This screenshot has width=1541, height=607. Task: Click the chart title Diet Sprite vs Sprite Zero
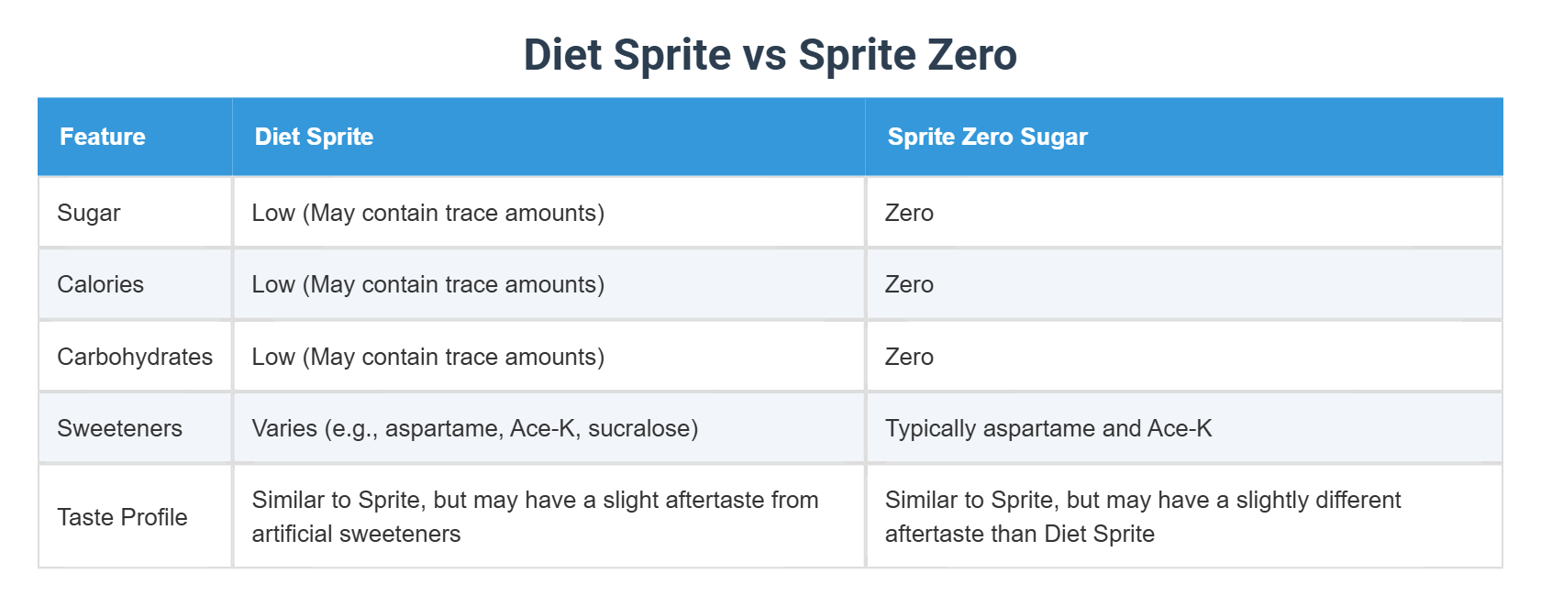tap(770, 55)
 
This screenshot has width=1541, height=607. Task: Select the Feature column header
tap(103, 137)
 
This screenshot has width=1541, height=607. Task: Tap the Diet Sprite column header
tap(314, 137)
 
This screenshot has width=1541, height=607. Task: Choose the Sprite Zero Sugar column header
tap(987, 137)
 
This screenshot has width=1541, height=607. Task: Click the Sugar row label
tap(89, 213)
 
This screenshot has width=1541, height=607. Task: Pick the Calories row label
tap(100, 284)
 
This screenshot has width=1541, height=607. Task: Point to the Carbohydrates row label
tap(135, 357)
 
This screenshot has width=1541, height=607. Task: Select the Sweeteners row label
tap(119, 428)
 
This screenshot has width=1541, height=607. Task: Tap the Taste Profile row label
tap(122, 517)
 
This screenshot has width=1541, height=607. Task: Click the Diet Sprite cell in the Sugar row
tap(427, 213)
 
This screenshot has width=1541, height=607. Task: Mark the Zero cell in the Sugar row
tap(909, 213)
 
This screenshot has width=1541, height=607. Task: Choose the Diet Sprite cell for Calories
tap(427, 284)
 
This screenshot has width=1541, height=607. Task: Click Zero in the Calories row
tap(909, 284)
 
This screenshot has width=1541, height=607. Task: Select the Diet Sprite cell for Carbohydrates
tap(427, 357)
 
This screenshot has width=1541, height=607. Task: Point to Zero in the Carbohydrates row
tap(909, 357)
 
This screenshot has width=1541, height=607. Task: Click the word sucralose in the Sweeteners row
tap(642, 428)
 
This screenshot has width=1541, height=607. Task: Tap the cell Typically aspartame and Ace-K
tap(1048, 428)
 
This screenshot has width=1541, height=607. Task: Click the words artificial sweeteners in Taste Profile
tap(356, 534)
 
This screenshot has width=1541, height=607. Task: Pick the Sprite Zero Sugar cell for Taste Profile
tap(1142, 517)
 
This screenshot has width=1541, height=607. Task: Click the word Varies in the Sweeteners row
tap(284, 428)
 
